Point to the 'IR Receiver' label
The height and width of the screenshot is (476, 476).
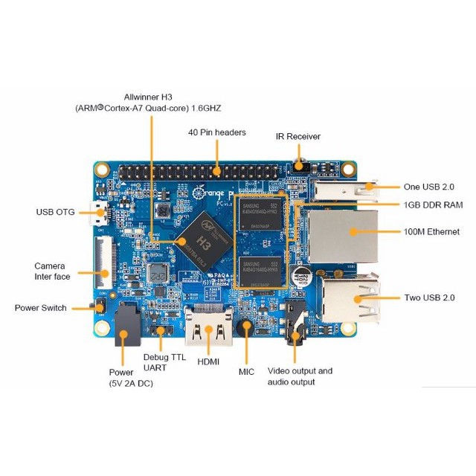click(x=297, y=136)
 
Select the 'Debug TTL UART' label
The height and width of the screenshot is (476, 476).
click(x=164, y=362)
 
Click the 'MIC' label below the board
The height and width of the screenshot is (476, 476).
click(x=247, y=370)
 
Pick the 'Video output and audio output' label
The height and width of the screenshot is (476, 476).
click(x=300, y=376)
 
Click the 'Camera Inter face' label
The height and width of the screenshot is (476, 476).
click(x=50, y=271)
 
